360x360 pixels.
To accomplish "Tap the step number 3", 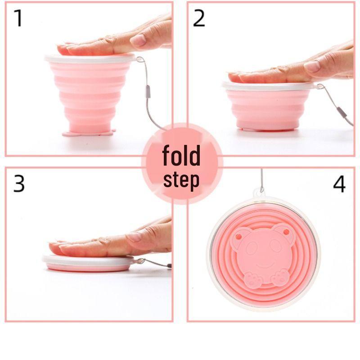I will [18, 183].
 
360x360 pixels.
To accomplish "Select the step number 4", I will [339, 183].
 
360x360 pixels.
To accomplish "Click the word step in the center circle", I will [181, 180].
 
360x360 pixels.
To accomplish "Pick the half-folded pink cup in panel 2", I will [269, 108].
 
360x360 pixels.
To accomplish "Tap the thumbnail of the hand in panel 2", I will [312, 66].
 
